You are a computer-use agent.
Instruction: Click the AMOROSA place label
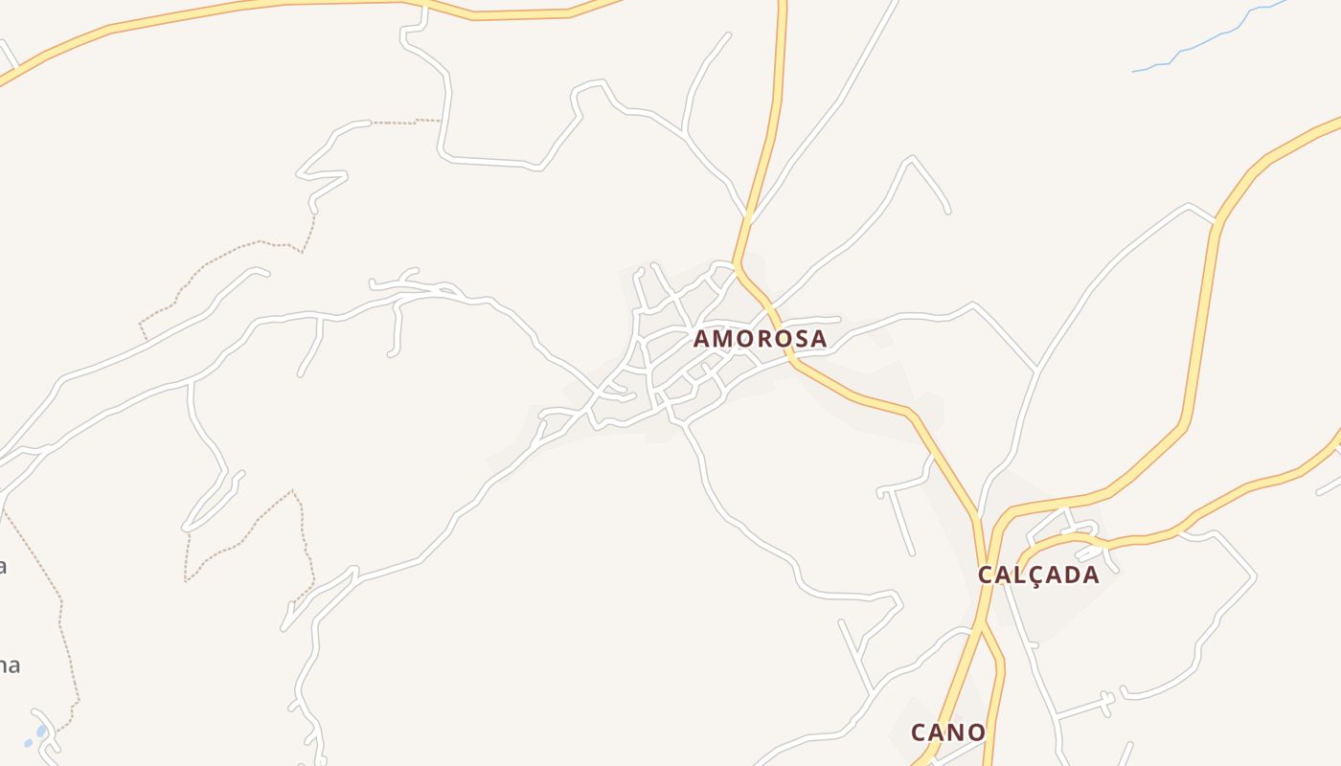coord(760,339)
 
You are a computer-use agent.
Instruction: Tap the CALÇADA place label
coord(1038,575)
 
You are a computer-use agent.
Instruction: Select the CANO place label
coord(947,733)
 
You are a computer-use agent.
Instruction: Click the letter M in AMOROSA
coord(723,339)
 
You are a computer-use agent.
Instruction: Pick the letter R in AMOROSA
coord(764,339)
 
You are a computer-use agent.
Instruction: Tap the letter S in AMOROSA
coord(800,339)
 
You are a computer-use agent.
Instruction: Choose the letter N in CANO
coord(958,733)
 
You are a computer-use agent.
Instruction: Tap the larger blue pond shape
coord(41,731)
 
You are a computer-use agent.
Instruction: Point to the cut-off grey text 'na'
coord(9,665)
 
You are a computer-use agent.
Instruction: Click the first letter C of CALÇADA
coord(986,575)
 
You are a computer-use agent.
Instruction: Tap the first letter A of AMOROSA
coord(702,339)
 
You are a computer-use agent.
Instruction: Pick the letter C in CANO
coord(920,733)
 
